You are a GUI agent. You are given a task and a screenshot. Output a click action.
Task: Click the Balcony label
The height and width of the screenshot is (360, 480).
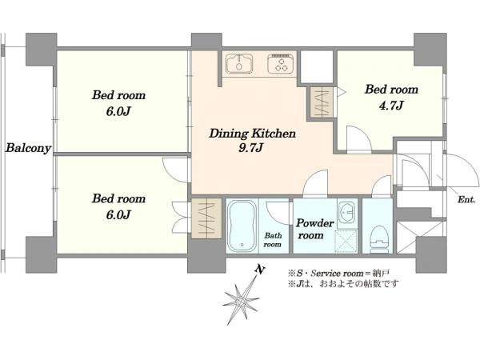[28, 148]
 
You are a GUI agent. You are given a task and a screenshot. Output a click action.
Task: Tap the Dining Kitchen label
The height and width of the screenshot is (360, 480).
[252, 134]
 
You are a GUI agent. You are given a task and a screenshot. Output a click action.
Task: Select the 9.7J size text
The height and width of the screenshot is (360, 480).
[251, 148]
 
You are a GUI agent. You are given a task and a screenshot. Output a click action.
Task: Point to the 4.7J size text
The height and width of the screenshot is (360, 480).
[391, 106]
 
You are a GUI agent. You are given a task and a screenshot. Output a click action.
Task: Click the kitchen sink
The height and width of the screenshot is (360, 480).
[239, 64]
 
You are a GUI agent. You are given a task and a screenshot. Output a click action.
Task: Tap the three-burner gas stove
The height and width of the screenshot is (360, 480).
[280, 63]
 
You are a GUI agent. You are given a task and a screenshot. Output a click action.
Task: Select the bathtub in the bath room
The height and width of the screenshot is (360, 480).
[242, 226]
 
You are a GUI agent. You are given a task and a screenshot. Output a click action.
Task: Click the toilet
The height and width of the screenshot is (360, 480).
[379, 239]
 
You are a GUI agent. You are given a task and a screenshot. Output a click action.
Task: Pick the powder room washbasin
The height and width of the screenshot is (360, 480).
[347, 212]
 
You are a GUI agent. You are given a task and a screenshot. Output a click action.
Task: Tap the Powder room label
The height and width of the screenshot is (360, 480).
[314, 229]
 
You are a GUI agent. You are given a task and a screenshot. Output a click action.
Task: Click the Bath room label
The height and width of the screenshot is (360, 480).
[273, 240]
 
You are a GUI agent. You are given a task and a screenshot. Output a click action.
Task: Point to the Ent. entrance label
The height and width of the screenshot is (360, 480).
[466, 200]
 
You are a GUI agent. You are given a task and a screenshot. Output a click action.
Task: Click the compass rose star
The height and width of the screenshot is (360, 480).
[242, 302]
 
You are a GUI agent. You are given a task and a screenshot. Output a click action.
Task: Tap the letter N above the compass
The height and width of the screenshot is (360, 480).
[260, 270]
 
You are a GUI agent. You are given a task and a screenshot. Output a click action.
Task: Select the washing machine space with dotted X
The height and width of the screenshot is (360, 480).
[346, 241]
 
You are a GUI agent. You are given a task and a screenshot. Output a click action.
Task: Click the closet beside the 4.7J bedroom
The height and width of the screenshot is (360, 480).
[322, 102]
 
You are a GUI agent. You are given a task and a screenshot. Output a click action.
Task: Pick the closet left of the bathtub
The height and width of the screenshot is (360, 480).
[206, 218]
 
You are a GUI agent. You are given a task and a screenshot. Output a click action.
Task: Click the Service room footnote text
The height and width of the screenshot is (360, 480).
[338, 273]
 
